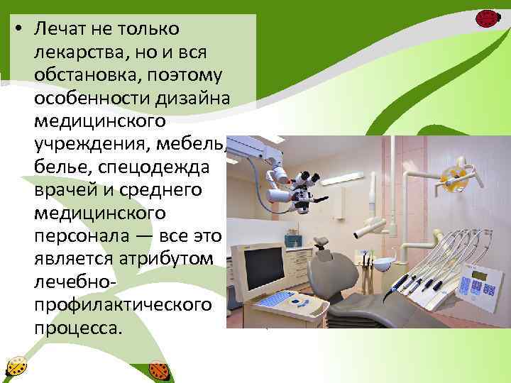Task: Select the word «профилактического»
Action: pyautogui.click(x=121, y=305)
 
